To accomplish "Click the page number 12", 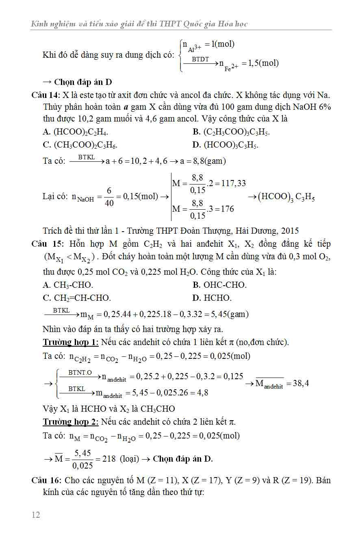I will pyautogui.click(x=36, y=515).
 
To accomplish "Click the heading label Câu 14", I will pyautogui.click(x=45, y=95).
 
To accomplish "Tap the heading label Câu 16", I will pyautogui.click(x=45, y=480).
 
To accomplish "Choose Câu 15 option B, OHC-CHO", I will pyautogui.click(x=219, y=285).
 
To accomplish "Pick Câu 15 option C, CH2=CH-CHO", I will pyautogui.click(x=76, y=298).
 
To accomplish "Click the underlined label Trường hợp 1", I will pyautogui.click(x=70, y=342).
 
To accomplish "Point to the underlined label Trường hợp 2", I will pyautogui.click(x=70, y=422).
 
